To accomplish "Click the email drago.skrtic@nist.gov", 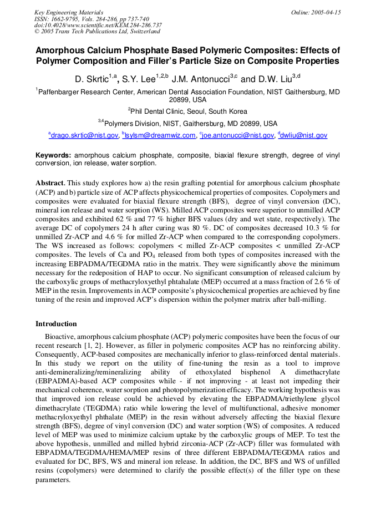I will (85, 135).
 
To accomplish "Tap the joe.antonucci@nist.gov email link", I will (238, 135).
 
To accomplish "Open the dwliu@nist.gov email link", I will (304, 135).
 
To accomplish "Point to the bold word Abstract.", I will (50, 183).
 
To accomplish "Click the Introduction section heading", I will (56, 324).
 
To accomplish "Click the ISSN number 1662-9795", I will (64, 18).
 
